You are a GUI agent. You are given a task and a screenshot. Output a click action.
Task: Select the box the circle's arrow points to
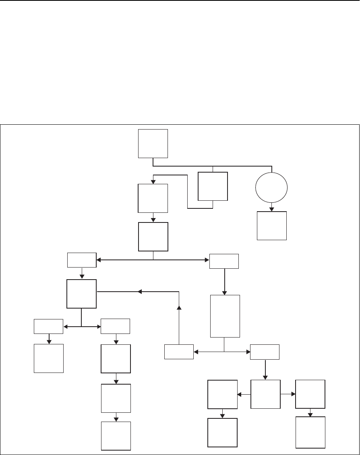(x=272, y=226)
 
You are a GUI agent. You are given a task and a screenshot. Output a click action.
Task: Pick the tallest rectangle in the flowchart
(x=225, y=316)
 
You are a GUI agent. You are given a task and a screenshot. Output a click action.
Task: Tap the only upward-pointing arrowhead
(x=179, y=308)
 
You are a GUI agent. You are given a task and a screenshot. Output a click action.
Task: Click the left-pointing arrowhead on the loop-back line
(x=140, y=291)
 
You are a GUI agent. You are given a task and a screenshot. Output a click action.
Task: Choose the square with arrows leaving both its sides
(x=265, y=395)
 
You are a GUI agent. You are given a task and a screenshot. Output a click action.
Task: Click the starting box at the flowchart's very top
(x=153, y=143)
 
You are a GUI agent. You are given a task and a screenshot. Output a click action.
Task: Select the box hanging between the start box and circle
(x=213, y=186)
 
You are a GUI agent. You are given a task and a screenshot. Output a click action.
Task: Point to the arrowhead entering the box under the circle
(x=272, y=209)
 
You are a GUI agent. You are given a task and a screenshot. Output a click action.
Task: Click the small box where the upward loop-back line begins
(x=179, y=352)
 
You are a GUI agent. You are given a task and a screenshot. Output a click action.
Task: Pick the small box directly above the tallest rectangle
(x=224, y=261)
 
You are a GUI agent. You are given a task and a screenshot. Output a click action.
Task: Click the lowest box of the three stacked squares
(x=116, y=436)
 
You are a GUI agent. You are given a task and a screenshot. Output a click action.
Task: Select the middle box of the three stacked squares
(x=116, y=398)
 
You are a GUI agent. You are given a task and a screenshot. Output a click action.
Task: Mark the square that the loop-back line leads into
(x=82, y=294)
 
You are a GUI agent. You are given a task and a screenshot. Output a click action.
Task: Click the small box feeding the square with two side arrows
(x=265, y=352)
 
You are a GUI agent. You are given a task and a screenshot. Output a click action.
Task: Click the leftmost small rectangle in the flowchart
(x=48, y=326)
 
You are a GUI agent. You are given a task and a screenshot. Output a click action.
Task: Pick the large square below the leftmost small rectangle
(x=49, y=358)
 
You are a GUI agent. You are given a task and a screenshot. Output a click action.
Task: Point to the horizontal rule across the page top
(x=180, y=1)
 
